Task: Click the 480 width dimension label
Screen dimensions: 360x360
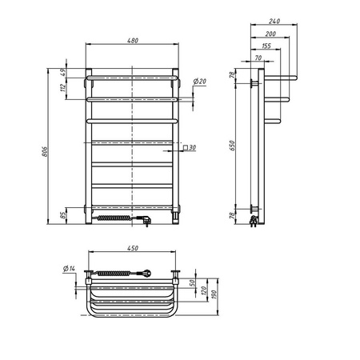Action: [x=133, y=41]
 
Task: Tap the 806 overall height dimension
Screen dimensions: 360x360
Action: [x=45, y=151]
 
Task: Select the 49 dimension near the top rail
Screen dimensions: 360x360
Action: [x=63, y=73]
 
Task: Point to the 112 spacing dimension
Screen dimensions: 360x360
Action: [x=63, y=87]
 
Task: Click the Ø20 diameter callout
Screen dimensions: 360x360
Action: [x=200, y=82]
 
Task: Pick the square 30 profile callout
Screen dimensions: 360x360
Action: [x=190, y=147]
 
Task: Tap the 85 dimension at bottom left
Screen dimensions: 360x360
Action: [x=63, y=215]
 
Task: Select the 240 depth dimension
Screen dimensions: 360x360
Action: [x=274, y=21]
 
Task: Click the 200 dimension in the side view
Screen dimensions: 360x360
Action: [x=270, y=34]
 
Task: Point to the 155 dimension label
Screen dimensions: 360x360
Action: [x=266, y=46]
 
